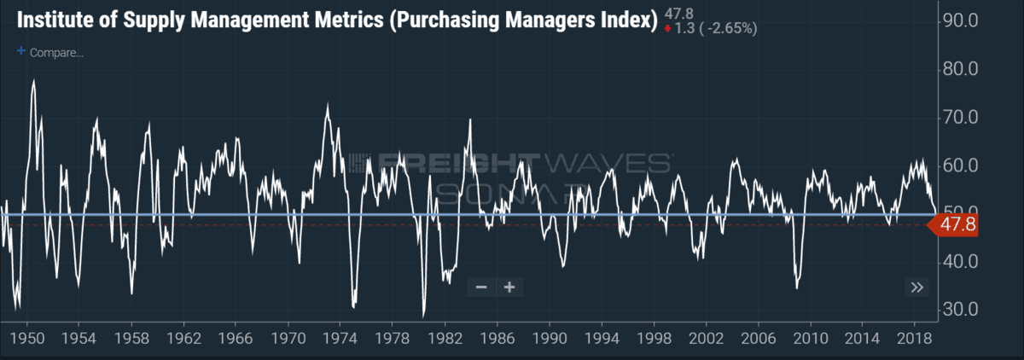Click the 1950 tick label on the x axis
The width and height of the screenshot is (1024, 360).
pyautogui.click(x=27, y=338)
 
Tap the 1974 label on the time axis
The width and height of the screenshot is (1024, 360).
pyautogui.click(x=340, y=338)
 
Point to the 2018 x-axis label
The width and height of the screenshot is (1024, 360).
pyautogui.click(x=914, y=338)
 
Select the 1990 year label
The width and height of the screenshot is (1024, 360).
pyautogui.click(x=550, y=338)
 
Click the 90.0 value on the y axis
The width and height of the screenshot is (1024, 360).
pyautogui.click(x=961, y=20)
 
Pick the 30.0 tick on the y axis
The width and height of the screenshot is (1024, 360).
pyautogui.click(x=961, y=310)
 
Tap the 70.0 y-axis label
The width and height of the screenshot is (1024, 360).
pyautogui.click(x=961, y=118)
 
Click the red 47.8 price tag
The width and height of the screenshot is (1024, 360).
pyautogui.click(x=953, y=224)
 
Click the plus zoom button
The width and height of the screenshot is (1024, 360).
pyautogui.click(x=509, y=287)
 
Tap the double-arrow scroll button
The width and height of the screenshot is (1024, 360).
pyautogui.click(x=917, y=287)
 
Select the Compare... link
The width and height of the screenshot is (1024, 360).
pyautogui.click(x=56, y=53)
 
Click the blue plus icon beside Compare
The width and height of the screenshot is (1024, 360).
pyautogui.click(x=21, y=50)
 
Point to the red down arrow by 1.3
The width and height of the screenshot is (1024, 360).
pyautogui.click(x=668, y=29)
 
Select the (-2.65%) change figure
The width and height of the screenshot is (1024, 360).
pyautogui.click(x=728, y=28)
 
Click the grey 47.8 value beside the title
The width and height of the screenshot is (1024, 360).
pyautogui.click(x=679, y=14)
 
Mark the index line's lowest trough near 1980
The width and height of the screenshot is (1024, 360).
pyautogui.click(x=424, y=316)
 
